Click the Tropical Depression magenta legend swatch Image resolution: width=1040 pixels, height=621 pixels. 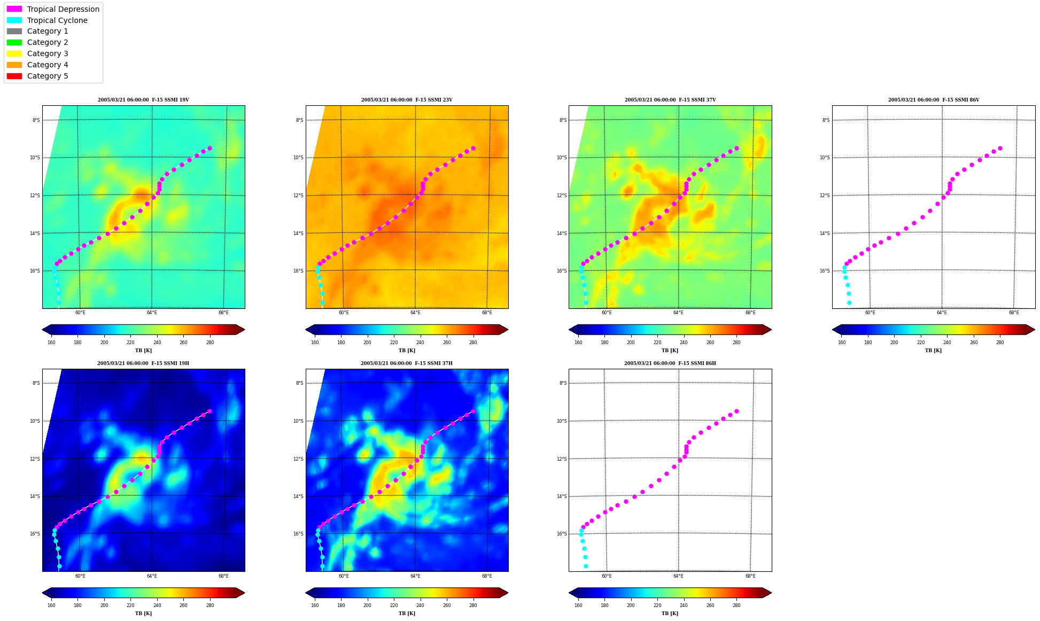coord(14,9)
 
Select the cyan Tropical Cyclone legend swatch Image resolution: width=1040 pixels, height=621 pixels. coord(14,20)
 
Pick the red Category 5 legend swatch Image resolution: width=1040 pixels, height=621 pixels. coord(14,76)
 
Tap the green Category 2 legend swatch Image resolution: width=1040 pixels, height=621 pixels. coord(14,42)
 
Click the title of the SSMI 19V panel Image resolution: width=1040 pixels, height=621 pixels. coord(143,100)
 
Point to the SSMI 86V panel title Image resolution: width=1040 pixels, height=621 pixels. coord(934,100)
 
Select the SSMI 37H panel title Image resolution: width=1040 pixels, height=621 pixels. coord(407,363)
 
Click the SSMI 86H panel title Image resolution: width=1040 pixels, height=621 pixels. coord(670,363)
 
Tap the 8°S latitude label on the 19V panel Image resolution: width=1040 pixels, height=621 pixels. coord(36,120)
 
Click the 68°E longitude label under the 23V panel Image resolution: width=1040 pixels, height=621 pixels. coord(487,313)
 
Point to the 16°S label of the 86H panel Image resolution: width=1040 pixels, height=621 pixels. coord(562,534)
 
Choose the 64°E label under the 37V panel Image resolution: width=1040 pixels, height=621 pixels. coord(678,313)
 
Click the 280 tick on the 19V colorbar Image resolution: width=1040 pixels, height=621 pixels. coord(210,343)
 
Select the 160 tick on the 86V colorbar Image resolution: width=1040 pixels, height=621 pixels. coord(842,343)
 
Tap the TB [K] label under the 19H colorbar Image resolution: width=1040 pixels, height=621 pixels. coord(143,614)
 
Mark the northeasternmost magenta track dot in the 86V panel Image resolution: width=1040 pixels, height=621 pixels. coord(1000,148)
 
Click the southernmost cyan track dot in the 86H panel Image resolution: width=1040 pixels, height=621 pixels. coord(586,566)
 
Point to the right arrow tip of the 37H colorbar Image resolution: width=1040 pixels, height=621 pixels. coord(508,593)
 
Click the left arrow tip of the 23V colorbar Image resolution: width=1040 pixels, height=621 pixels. coord(306,330)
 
